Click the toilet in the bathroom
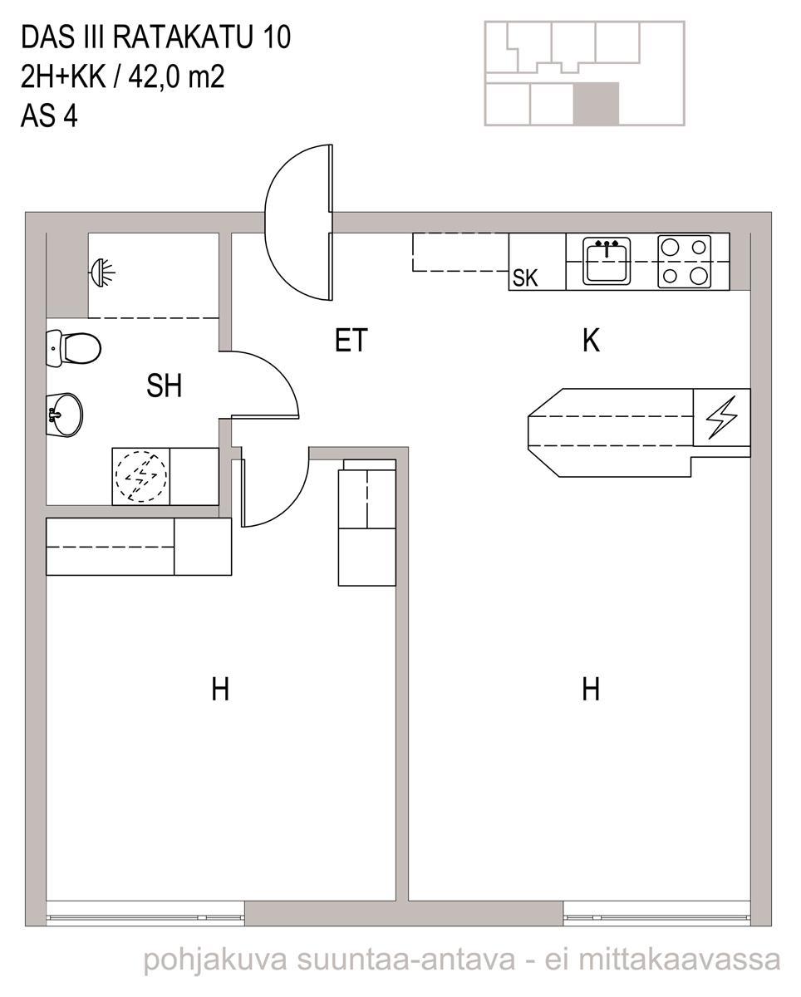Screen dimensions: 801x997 click(73, 347)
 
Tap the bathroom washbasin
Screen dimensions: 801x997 click(64, 415)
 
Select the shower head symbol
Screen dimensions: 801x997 click(102, 273)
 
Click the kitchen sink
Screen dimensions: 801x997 click(607, 261)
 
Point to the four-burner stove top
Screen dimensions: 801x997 click(684, 261)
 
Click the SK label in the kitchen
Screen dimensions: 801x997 click(525, 278)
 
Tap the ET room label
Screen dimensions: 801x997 click(351, 340)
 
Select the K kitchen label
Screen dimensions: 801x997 click(591, 340)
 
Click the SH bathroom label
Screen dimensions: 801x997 click(164, 386)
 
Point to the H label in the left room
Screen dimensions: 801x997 click(220, 689)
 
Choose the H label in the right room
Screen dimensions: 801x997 click(591, 689)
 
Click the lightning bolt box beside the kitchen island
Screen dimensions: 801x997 click(721, 417)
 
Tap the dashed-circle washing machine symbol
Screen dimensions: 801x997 click(140, 476)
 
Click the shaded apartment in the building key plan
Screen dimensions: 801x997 click(596, 104)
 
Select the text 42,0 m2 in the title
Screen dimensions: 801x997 click(176, 76)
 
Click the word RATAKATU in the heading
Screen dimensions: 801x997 click(183, 37)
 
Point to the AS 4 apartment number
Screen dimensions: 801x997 click(49, 115)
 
